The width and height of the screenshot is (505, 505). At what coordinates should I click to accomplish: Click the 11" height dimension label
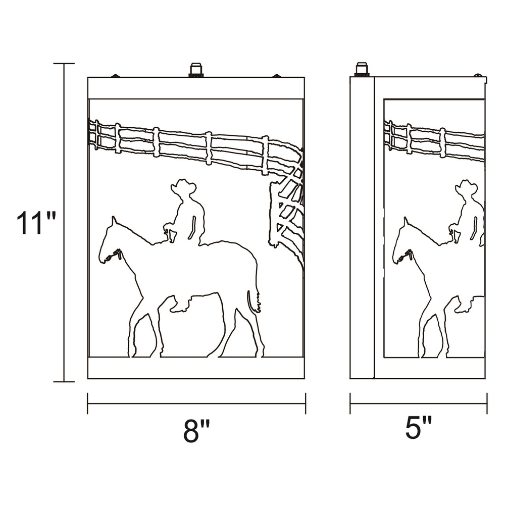(36, 223)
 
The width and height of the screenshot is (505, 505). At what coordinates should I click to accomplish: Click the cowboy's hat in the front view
(183, 186)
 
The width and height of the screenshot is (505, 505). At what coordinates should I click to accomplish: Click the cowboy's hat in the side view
(467, 186)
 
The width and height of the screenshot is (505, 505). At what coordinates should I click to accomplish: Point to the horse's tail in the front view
(254, 301)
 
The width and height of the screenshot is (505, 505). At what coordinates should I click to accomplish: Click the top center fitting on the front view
(196, 70)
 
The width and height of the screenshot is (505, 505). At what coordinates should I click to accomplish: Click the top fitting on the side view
(362, 70)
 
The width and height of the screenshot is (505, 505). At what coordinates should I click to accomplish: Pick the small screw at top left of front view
(115, 76)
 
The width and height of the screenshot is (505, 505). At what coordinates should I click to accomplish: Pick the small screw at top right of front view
(276, 76)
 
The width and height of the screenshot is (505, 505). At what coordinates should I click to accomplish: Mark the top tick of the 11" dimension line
(64, 64)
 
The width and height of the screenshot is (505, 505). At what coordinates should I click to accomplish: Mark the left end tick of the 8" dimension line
(87, 403)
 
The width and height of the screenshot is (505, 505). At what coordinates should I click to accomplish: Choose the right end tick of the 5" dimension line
(487, 403)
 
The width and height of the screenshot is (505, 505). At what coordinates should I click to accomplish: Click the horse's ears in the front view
(113, 221)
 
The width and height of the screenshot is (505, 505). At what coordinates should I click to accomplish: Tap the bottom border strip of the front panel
(196, 368)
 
